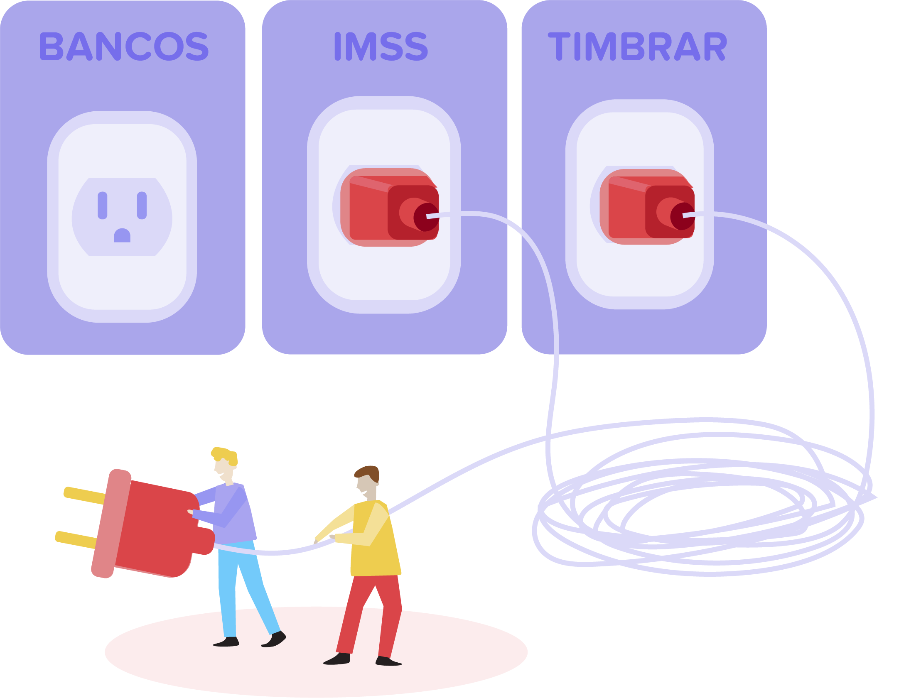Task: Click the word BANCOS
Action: [x=124, y=46]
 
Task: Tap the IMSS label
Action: [x=381, y=46]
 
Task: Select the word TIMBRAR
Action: [x=637, y=46]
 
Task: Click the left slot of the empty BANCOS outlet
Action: [x=103, y=205]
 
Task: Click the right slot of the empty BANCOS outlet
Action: [x=142, y=205]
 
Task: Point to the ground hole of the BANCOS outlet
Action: [x=122, y=235]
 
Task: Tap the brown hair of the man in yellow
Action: [x=368, y=473]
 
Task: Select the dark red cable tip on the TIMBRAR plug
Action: [x=683, y=216]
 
